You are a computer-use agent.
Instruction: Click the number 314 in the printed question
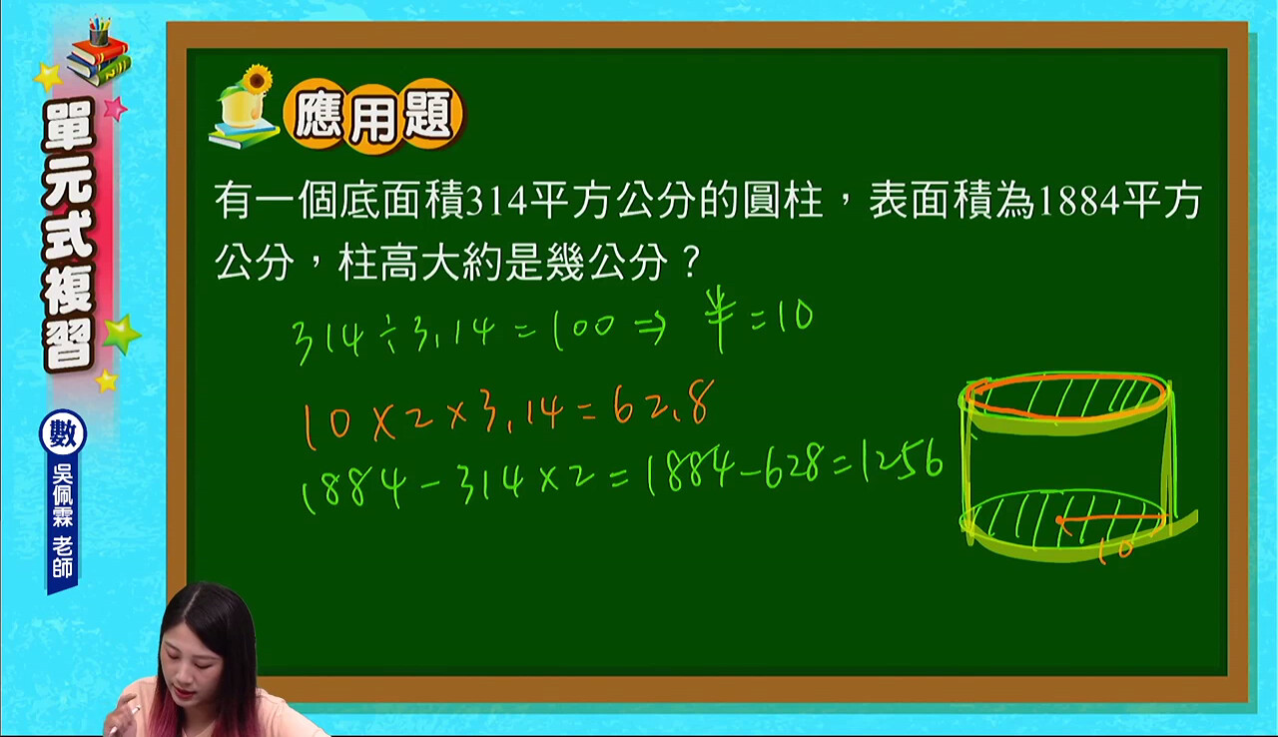click(496, 204)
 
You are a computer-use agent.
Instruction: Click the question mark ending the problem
click(691, 264)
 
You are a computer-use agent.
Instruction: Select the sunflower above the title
click(257, 79)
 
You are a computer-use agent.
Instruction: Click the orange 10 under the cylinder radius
click(1116, 550)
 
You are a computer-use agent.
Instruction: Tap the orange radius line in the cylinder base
click(1111, 519)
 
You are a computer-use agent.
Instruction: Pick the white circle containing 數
click(63, 433)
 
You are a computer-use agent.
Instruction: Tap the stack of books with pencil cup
click(99, 51)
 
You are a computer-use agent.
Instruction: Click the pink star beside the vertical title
click(115, 108)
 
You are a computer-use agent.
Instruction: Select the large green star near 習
click(121, 335)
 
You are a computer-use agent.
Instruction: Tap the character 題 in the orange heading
click(428, 118)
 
